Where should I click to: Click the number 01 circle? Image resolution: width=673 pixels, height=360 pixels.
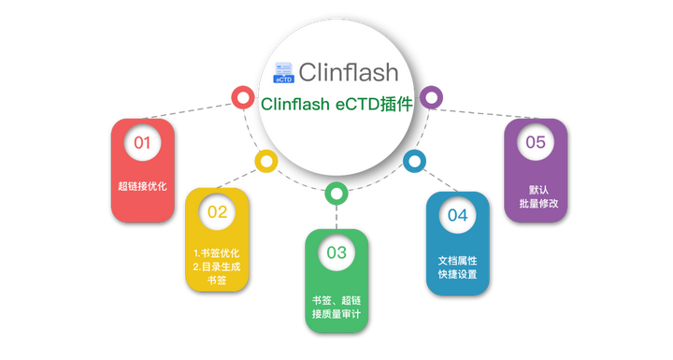[142, 143]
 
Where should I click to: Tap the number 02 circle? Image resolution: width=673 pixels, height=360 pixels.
[217, 211]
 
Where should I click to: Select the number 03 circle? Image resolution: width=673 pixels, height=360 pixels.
[336, 252]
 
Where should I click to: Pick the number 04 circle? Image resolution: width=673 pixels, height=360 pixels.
[457, 215]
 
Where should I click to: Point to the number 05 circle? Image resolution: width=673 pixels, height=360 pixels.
[535, 143]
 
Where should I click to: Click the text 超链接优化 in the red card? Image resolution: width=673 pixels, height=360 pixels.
[142, 186]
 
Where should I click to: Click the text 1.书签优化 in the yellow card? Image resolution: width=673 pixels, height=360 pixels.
[217, 253]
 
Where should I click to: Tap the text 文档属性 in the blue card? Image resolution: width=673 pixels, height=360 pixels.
[457, 258]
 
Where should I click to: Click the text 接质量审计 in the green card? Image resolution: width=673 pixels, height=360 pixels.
[336, 313]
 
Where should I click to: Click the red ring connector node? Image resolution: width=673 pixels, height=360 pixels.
[243, 96]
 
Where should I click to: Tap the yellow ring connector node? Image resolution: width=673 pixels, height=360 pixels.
[266, 162]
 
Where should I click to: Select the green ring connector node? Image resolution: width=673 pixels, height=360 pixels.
[336, 194]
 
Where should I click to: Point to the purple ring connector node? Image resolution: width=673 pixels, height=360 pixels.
[430, 96]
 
